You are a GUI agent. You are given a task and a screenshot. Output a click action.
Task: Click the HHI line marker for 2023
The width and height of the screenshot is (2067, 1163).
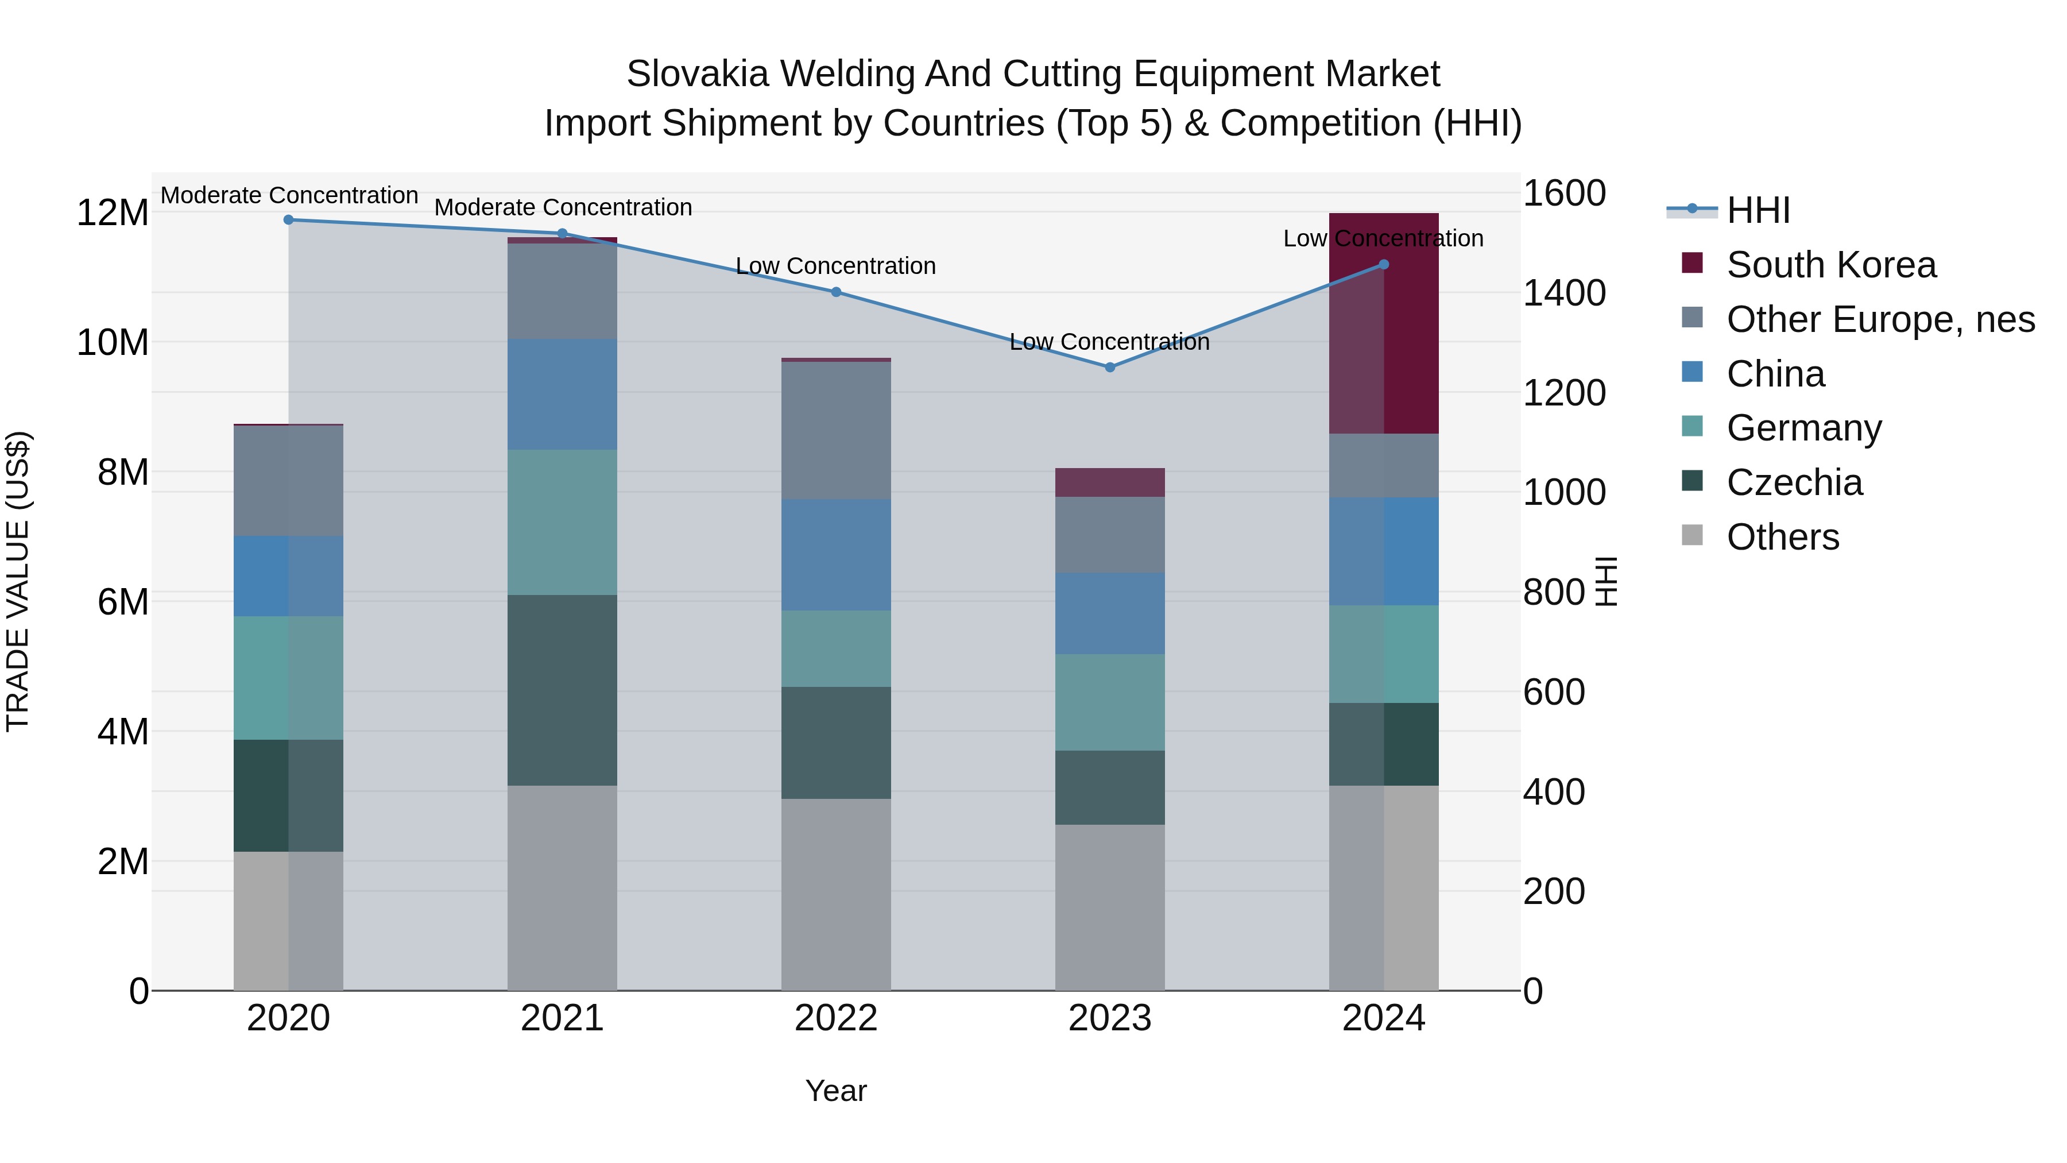(x=1110, y=367)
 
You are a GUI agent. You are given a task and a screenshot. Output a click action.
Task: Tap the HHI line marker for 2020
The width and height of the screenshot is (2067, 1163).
(x=289, y=219)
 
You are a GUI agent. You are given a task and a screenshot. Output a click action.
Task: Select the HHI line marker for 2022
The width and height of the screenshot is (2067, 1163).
(x=836, y=292)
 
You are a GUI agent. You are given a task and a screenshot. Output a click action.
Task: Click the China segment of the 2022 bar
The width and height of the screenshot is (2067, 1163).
(x=836, y=555)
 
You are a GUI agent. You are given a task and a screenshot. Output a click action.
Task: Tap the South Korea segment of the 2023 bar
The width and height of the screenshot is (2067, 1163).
(x=1110, y=482)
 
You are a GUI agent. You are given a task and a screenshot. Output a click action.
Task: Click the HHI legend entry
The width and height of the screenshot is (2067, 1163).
(x=1758, y=210)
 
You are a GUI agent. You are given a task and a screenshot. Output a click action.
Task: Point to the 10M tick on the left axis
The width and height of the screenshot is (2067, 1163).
(x=113, y=343)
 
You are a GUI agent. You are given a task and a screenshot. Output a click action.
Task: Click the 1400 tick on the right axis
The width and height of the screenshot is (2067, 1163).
(x=1563, y=293)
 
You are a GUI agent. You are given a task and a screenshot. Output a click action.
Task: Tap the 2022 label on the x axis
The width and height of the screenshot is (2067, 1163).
(x=836, y=1018)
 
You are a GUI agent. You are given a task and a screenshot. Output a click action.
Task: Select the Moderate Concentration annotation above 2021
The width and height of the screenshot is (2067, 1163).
(x=563, y=207)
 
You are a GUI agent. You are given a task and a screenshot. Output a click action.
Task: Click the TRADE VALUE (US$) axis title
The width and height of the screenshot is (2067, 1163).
(x=18, y=581)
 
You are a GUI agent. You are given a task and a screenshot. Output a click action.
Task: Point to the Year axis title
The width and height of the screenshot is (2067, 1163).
(x=836, y=1091)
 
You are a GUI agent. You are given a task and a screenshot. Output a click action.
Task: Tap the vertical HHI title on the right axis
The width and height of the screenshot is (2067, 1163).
(x=1605, y=581)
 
